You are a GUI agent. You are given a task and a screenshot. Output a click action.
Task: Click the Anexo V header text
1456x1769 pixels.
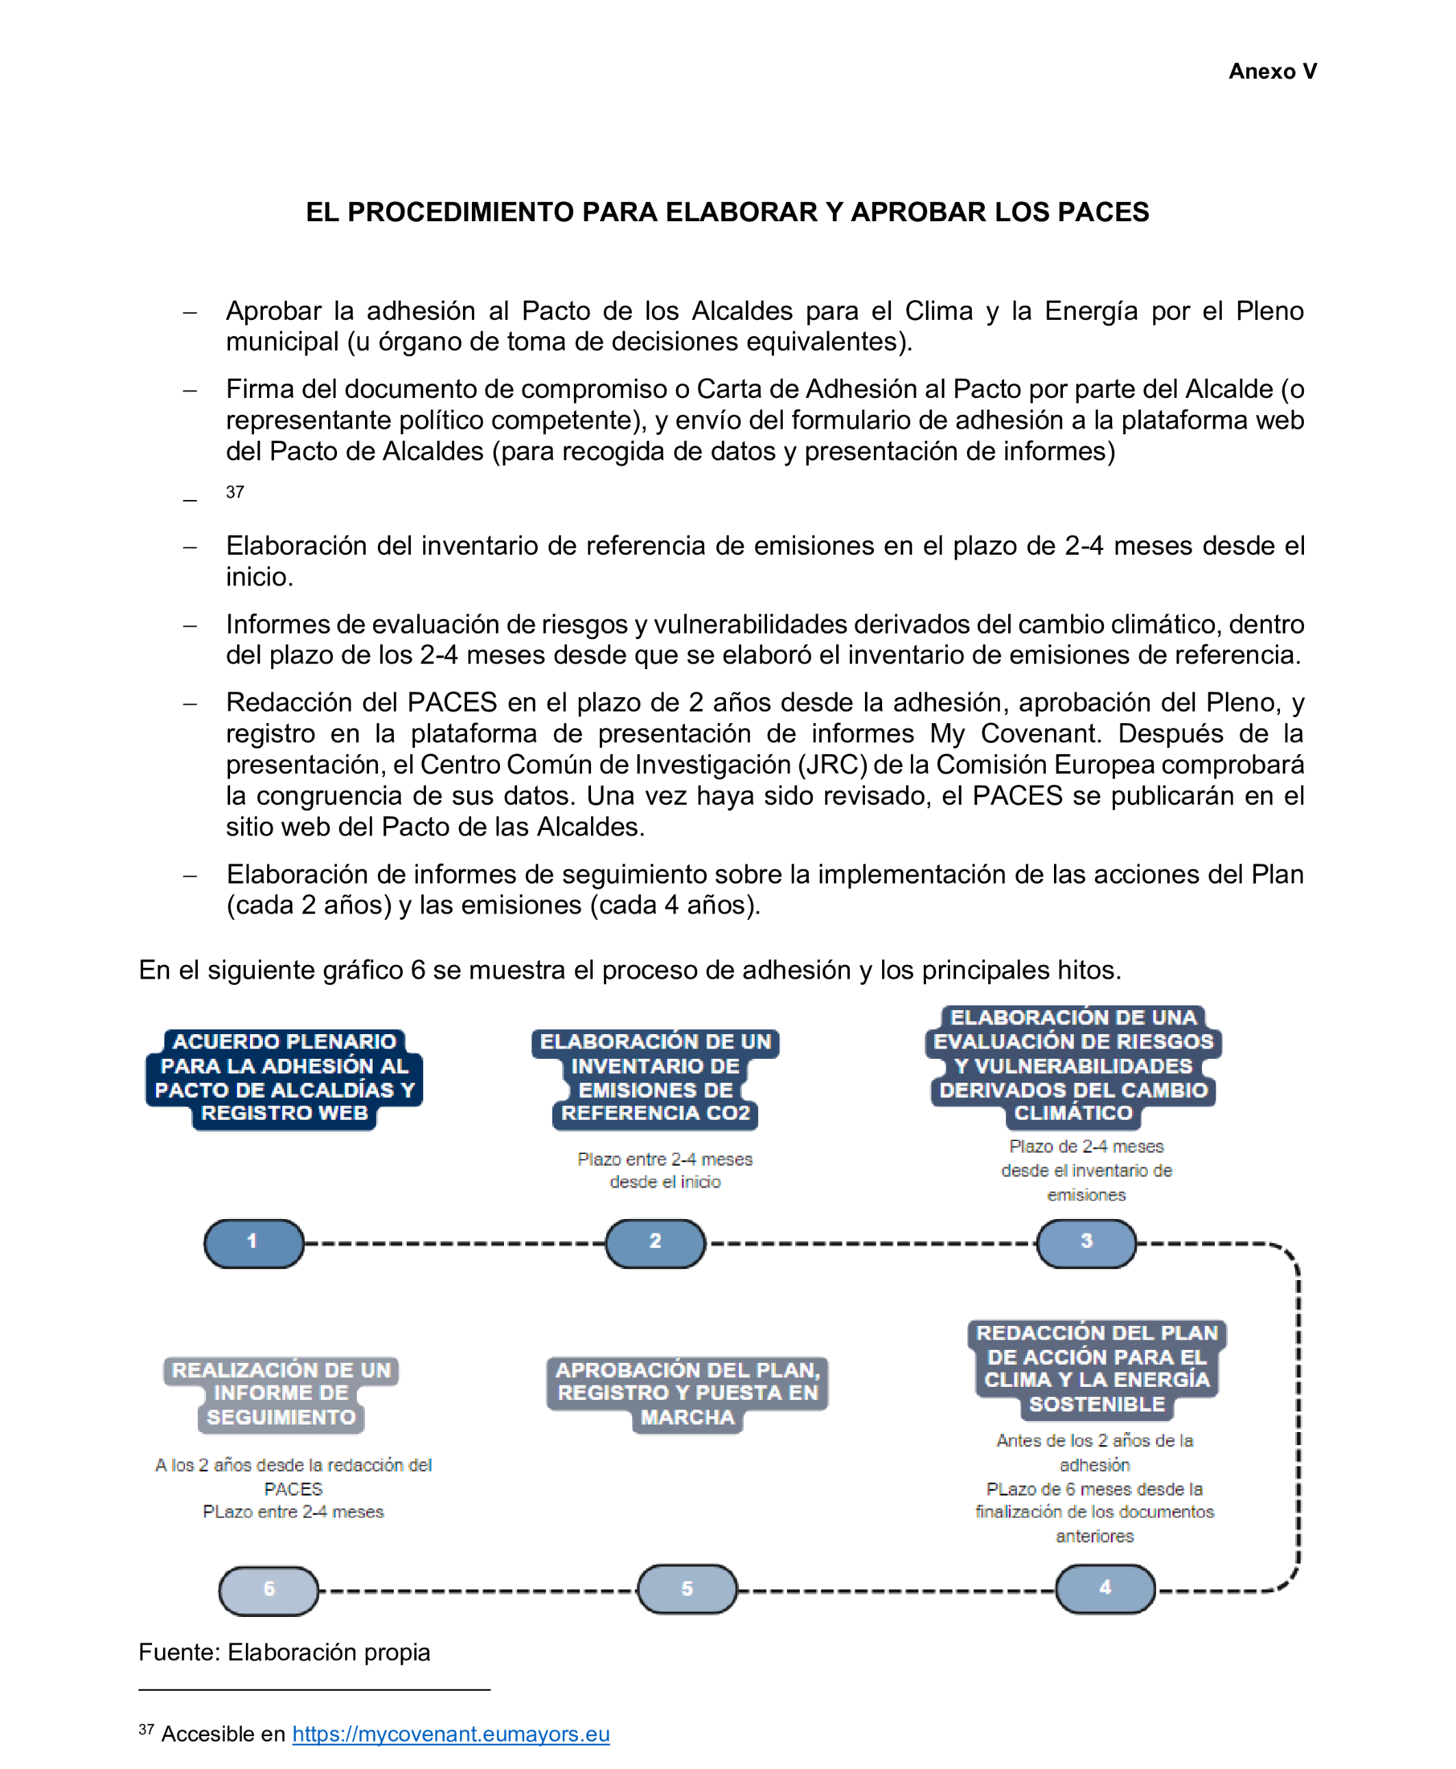[1272, 71]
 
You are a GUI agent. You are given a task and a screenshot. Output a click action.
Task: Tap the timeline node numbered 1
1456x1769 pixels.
[253, 1242]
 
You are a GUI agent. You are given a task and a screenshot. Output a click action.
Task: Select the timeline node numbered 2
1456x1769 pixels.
[655, 1242]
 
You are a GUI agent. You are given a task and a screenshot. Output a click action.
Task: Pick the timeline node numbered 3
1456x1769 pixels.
[1086, 1242]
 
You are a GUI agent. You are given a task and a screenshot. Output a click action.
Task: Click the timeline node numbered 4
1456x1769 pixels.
[1105, 1589]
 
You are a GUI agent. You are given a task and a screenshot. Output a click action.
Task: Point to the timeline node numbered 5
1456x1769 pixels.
[687, 1589]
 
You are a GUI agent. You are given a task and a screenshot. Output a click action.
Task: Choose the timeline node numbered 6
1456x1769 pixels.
[268, 1590]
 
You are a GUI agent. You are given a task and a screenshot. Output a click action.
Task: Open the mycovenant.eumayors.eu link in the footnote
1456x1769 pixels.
[451, 1734]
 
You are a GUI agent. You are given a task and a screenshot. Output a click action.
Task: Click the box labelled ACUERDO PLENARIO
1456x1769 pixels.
[284, 1078]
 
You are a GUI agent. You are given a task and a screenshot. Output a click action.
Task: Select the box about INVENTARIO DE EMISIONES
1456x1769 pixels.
[655, 1078]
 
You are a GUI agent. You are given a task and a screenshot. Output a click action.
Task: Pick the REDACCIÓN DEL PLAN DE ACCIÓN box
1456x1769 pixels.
[1096, 1369]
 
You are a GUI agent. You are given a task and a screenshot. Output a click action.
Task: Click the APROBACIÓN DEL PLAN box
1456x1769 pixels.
[687, 1393]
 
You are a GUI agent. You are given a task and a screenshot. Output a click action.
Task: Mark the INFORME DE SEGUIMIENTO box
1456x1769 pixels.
[281, 1393]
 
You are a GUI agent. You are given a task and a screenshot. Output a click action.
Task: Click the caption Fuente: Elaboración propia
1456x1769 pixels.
[284, 1653]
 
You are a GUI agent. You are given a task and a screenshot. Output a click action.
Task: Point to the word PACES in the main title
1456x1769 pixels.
[1102, 212]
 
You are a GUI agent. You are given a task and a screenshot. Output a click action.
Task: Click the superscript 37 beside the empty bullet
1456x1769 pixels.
[235, 492]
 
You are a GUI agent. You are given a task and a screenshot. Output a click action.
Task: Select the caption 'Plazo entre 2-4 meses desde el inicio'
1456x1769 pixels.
[664, 1170]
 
